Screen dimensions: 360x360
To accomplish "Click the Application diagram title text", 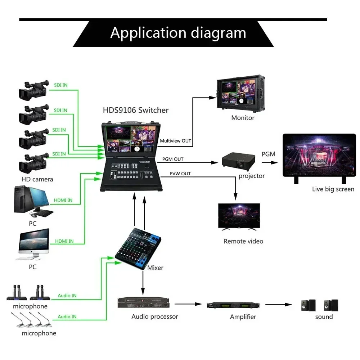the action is click(178, 33).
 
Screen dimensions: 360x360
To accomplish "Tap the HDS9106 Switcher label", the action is click(136, 110).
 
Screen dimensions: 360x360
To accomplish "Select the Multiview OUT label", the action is click(175, 141).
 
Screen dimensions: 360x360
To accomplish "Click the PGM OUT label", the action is click(173, 159).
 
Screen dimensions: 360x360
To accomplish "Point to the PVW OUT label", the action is click(180, 174).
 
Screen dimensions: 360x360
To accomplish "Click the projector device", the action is click(238, 161).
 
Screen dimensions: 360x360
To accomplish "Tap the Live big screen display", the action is click(319, 158).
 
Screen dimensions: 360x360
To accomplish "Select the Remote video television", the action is click(239, 216).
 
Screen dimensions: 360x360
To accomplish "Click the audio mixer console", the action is click(138, 249).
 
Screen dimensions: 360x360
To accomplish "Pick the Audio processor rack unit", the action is click(144, 303).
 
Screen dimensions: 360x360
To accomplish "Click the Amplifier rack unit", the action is click(233, 305).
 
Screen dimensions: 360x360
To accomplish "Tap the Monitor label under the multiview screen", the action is click(243, 118).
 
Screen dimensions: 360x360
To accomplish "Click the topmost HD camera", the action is click(34, 90).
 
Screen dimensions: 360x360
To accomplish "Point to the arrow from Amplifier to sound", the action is click(279, 305).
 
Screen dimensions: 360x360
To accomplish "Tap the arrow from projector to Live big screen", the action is click(270, 163).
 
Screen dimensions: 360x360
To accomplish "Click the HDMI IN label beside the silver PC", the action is click(64, 241).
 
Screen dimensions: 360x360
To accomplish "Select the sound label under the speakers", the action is click(324, 317).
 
